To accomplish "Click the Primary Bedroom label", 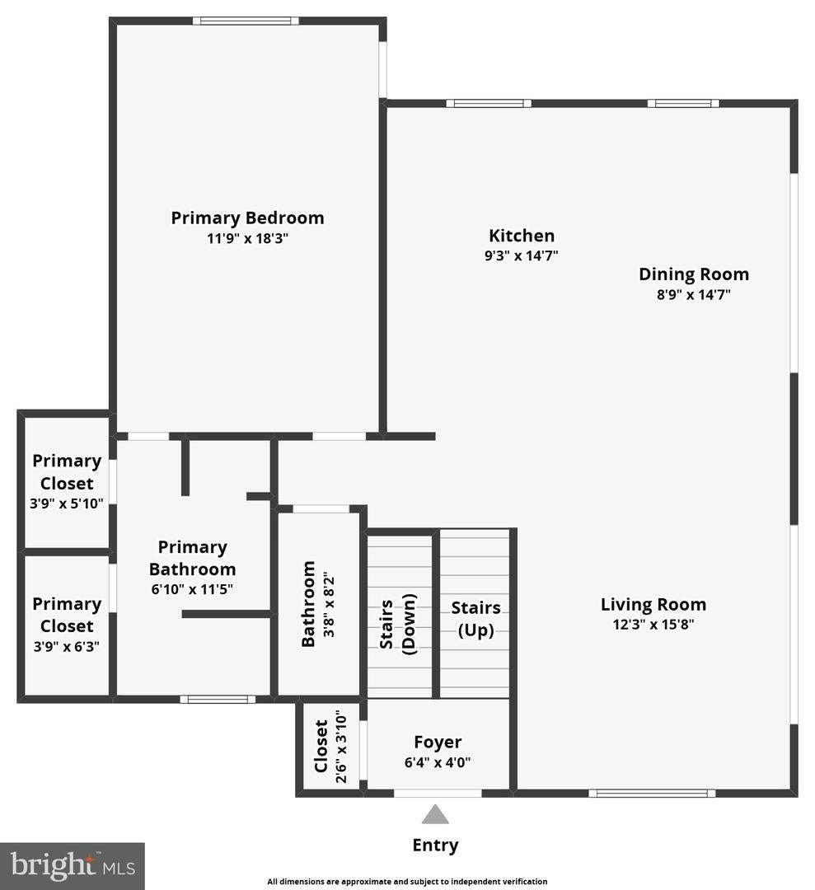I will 247,218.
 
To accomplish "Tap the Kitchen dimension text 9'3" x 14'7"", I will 521,255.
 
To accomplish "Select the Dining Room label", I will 694,274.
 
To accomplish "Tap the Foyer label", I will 438,742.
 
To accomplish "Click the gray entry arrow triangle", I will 435,815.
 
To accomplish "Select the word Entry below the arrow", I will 435,845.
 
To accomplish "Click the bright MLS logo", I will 73,865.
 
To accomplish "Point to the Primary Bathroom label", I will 192,558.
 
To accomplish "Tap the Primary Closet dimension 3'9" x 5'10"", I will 66,504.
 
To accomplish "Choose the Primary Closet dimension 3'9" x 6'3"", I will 66,647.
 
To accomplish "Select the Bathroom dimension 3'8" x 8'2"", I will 328,604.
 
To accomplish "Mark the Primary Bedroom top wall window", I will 246,21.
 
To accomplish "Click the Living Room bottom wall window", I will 652,794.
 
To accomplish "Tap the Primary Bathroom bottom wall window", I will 218,700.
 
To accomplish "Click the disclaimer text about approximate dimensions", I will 407,882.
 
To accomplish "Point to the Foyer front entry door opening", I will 438,794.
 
